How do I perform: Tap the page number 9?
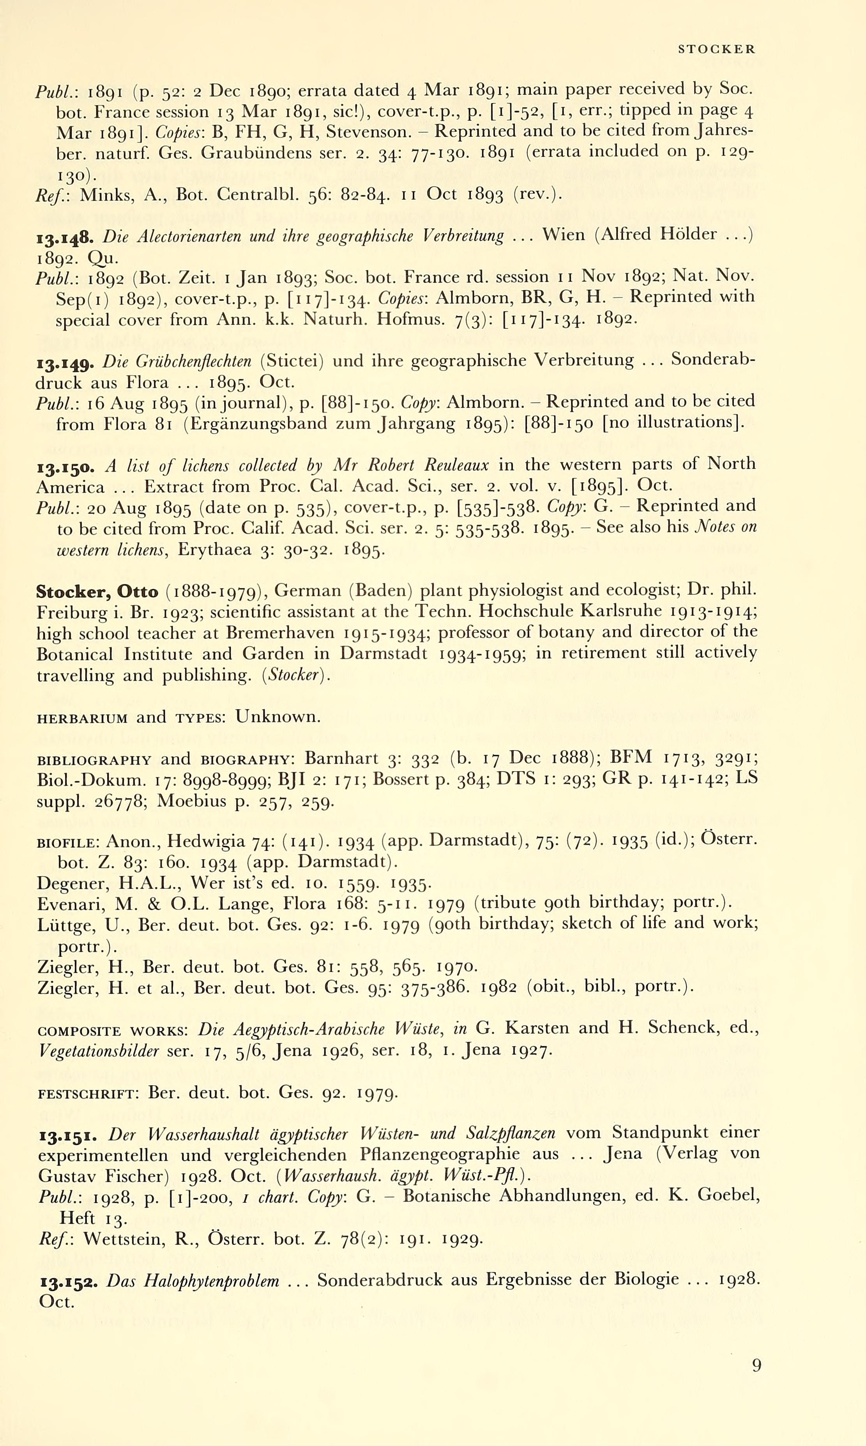[756, 1366]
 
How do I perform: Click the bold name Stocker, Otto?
[97, 592]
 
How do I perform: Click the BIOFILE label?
[69, 843]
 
